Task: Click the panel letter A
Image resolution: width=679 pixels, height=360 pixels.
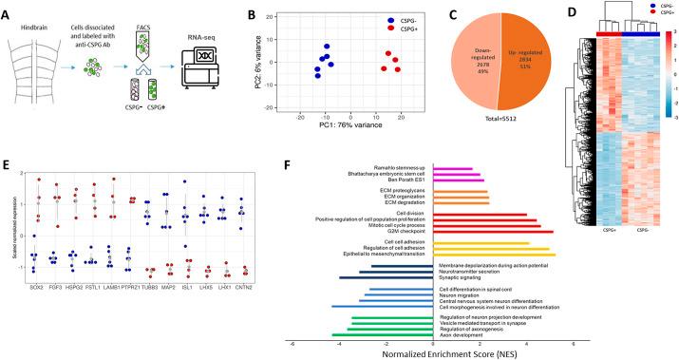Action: click(9, 9)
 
